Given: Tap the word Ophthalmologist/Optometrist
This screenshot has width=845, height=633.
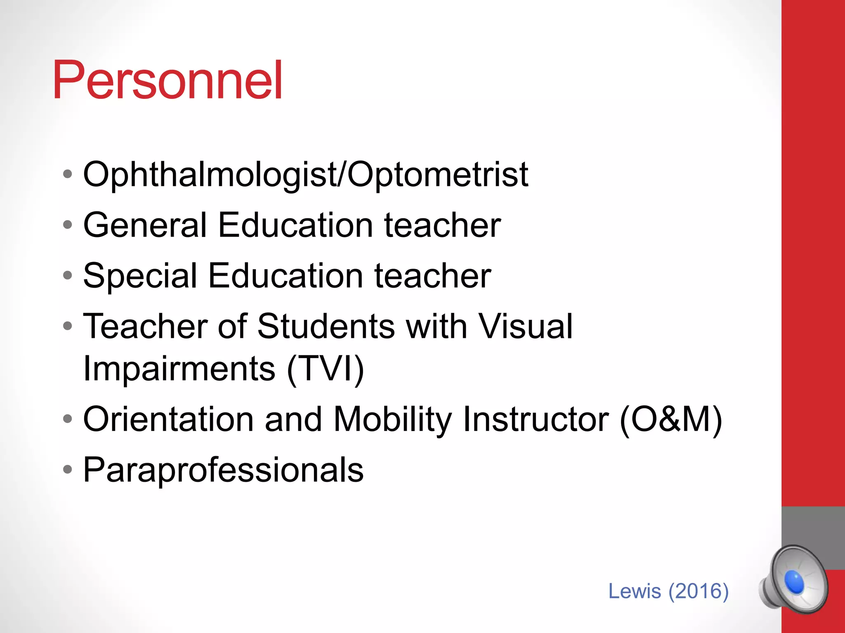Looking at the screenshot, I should click(305, 175).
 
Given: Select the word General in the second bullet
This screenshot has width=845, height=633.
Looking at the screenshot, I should click(145, 225).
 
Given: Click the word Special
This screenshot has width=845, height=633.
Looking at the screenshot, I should click(140, 276).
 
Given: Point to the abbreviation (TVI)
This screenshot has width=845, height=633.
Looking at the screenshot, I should click(325, 369).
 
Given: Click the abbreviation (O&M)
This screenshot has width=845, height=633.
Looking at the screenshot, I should click(671, 419).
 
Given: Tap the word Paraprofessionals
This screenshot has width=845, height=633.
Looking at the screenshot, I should click(223, 470).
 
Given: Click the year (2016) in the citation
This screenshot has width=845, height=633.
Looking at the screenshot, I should click(699, 591).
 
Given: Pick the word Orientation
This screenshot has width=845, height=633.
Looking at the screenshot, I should click(168, 419).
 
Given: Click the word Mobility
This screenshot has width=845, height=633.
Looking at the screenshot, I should click(392, 419).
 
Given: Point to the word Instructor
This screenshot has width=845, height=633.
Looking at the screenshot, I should click(536, 419).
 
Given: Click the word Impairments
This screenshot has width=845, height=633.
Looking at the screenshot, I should click(179, 369).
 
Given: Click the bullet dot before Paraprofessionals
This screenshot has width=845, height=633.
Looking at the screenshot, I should click(68, 469).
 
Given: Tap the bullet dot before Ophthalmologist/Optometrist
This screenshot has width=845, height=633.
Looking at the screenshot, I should click(68, 174).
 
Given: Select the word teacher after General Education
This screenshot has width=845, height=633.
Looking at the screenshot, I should click(442, 225).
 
